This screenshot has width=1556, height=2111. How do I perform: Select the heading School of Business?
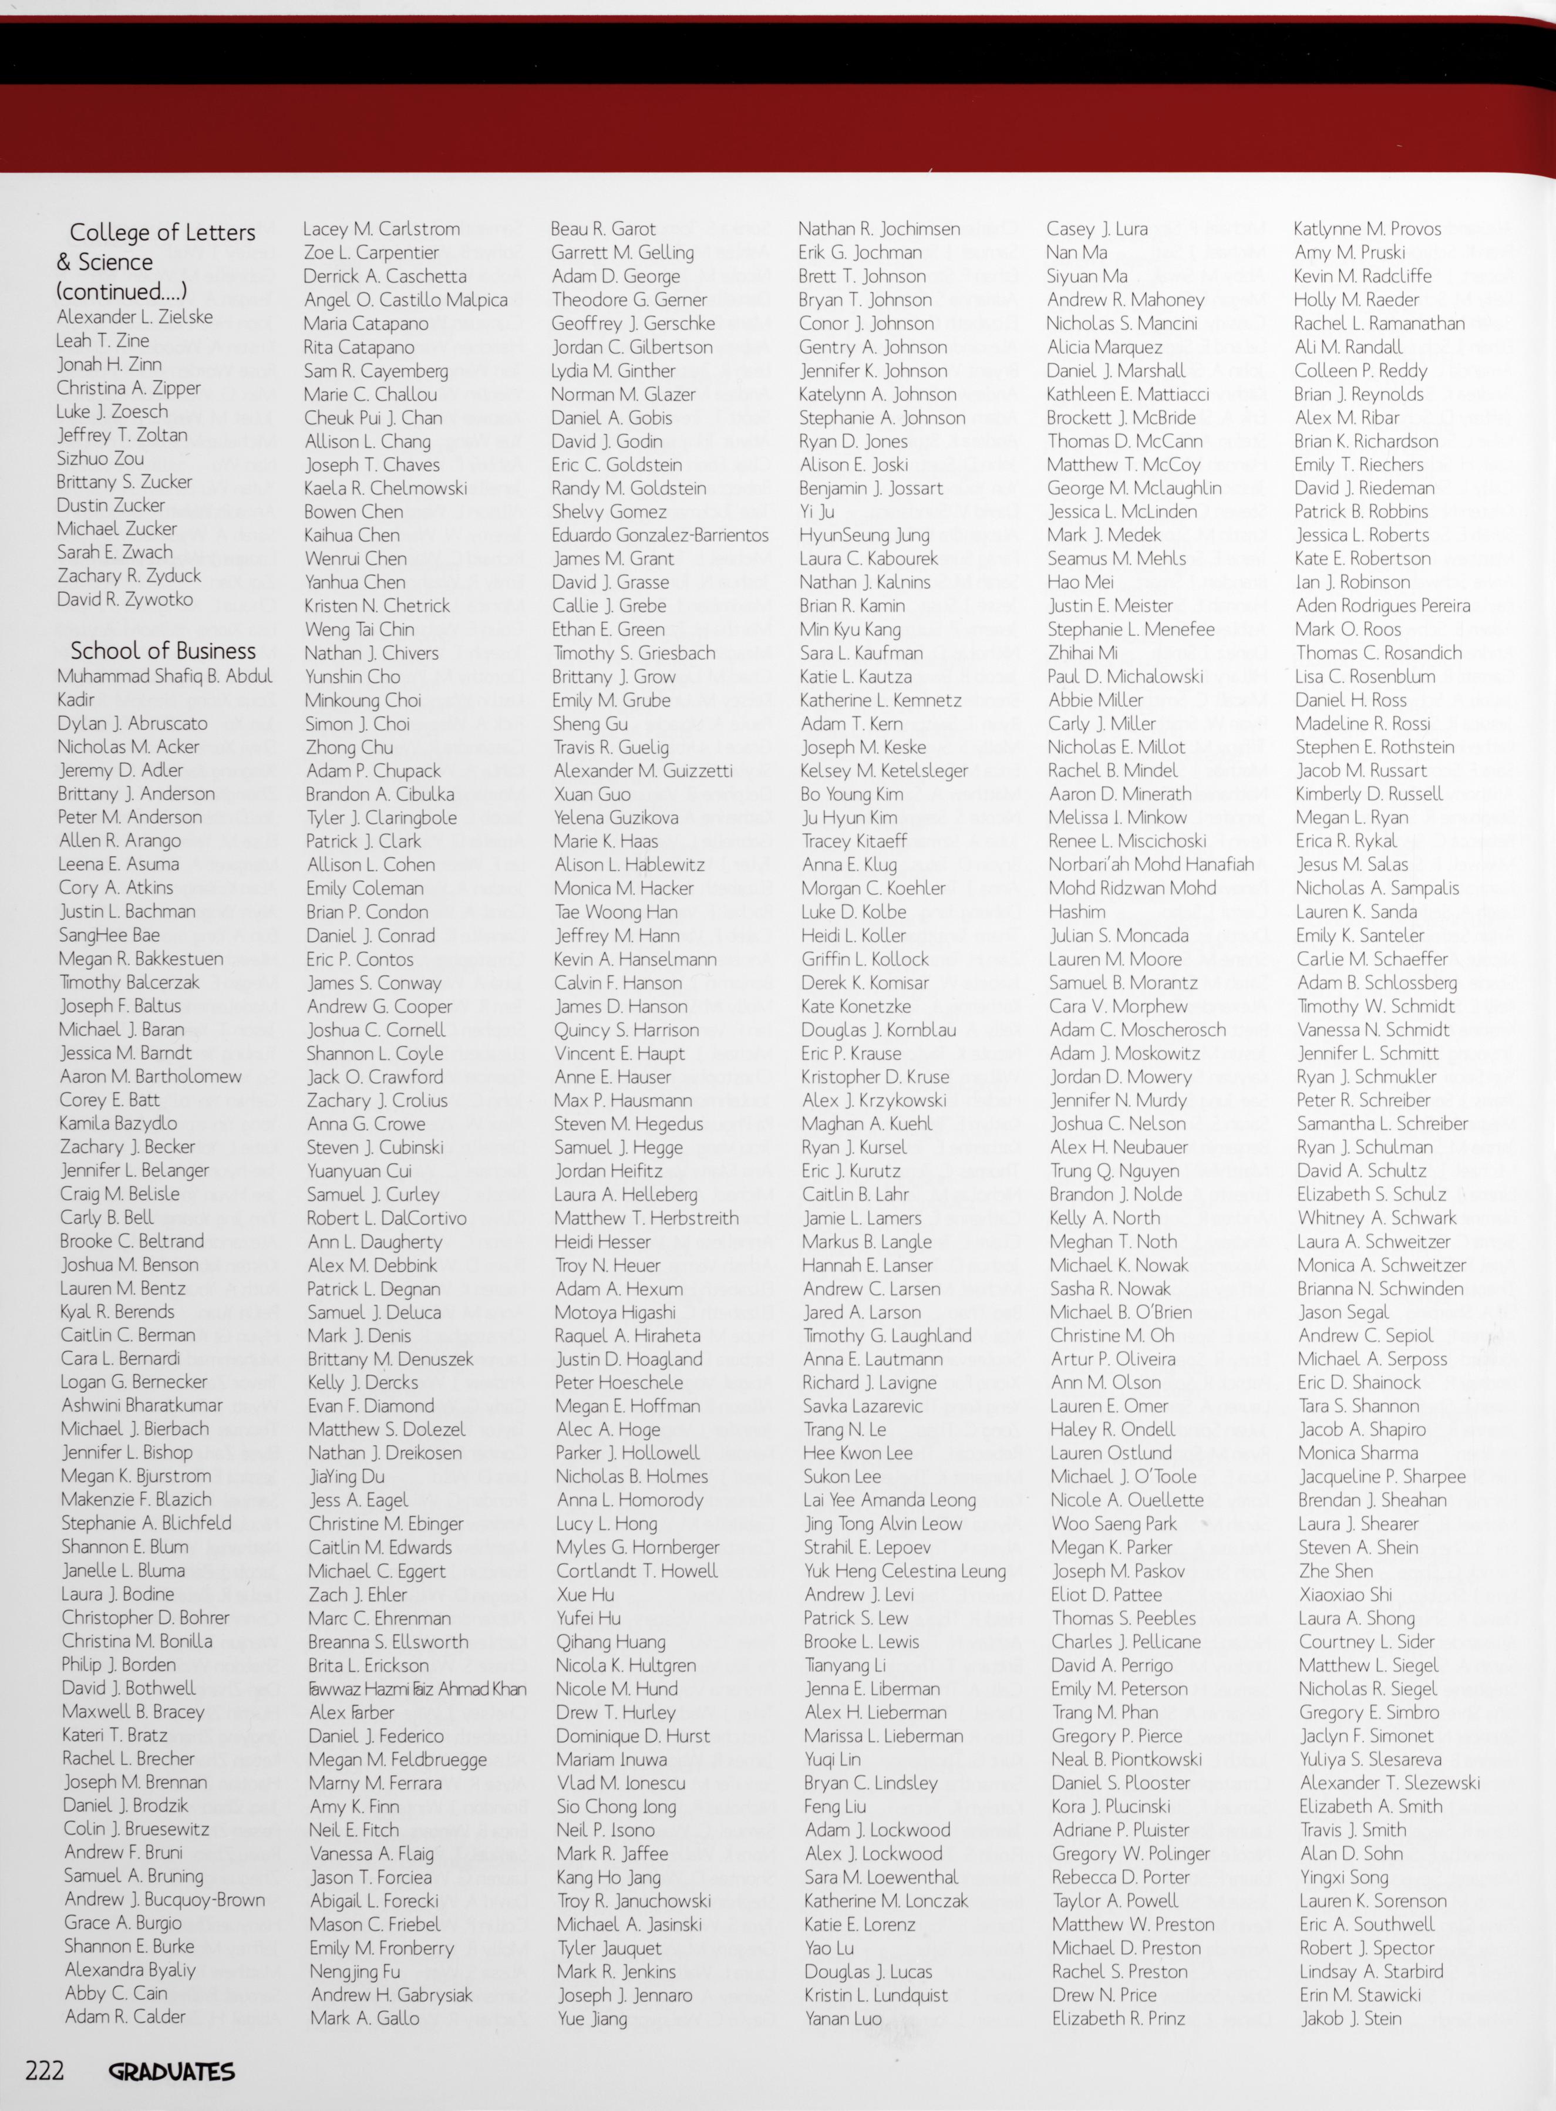pos(163,651)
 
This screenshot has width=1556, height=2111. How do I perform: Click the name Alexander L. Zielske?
pos(134,317)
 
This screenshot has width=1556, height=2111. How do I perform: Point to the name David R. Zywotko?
pos(125,599)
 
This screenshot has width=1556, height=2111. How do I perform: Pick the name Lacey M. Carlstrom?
pos(382,229)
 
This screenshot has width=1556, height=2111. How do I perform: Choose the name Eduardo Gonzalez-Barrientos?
pos(660,535)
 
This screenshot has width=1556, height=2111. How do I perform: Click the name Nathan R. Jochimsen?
pos(879,229)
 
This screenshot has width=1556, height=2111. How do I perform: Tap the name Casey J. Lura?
pos(1097,229)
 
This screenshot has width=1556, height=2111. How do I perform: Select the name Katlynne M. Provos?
pos(1368,229)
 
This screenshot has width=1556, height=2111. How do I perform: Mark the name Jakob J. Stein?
pos(1352,2018)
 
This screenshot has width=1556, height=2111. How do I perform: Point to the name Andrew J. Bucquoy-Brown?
pos(165,1899)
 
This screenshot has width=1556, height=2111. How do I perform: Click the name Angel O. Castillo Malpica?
pos(406,299)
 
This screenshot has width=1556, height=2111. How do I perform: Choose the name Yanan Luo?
pos(843,2018)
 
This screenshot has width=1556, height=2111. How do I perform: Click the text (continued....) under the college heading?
pos(122,291)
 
